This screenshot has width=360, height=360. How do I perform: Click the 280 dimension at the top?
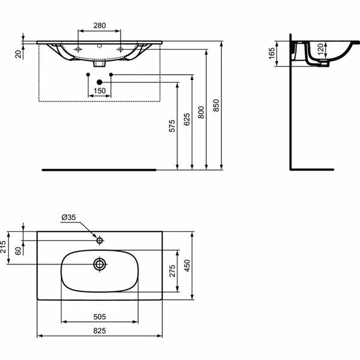tap(100, 26)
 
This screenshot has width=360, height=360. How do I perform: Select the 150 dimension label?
tap(100, 91)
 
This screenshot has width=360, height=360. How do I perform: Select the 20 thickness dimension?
tap(19, 54)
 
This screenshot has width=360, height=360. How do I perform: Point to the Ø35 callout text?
tap(69, 219)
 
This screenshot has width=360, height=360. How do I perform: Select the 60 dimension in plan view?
tap(19, 251)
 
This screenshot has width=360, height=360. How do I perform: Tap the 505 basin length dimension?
tap(100, 316)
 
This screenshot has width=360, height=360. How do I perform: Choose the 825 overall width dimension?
tap(100, 331)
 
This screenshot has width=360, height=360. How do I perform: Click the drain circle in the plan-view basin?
tap(100, 263)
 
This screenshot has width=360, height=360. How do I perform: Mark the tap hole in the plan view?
tap(100, 241)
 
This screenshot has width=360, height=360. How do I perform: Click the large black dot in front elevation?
tap(100, 82)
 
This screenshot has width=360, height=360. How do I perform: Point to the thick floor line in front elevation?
tap(99, 170)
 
